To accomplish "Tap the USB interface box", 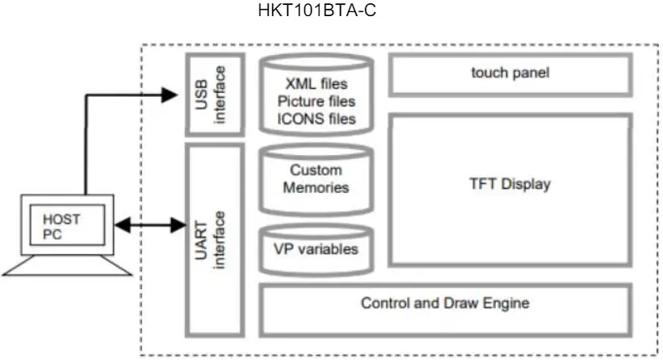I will click(213, 94).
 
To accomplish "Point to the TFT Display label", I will click(510, 184).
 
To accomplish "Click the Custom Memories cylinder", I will click(316, 179).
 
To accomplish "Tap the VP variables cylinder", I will click(316, 249).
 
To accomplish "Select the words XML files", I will click(316, 83).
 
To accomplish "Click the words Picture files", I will click(316, 102).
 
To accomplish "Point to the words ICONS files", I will click(316, 119).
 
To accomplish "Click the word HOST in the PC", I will click(61, 218).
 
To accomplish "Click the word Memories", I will click(316, 187).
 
